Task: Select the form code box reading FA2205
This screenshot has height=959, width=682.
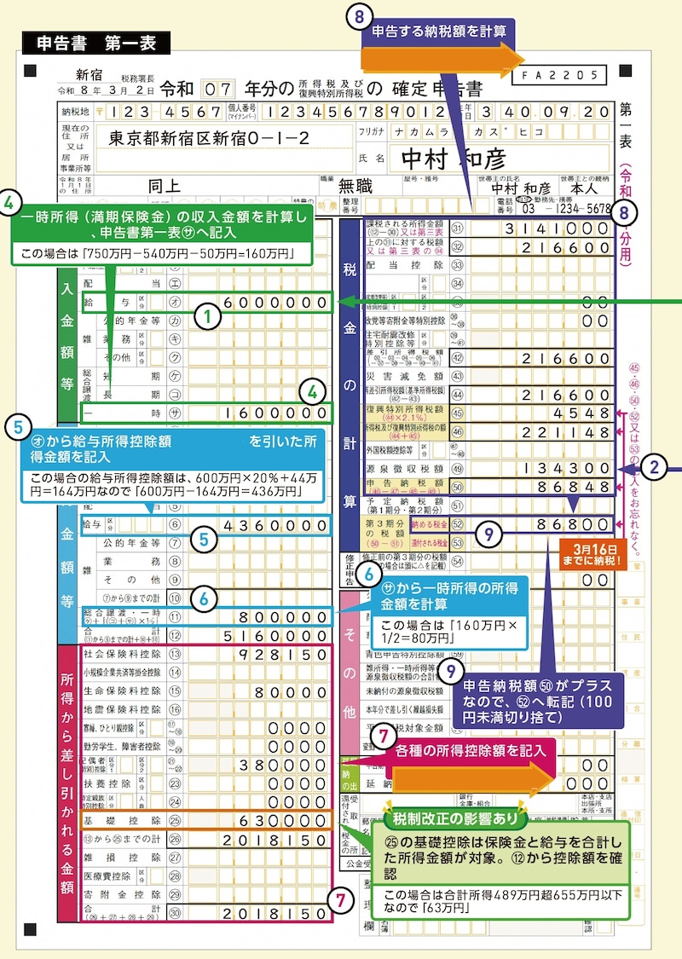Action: [x=559, y=75]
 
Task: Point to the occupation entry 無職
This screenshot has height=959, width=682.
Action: [x=356, y=184]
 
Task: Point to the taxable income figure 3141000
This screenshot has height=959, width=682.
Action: [x=555, y=228]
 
